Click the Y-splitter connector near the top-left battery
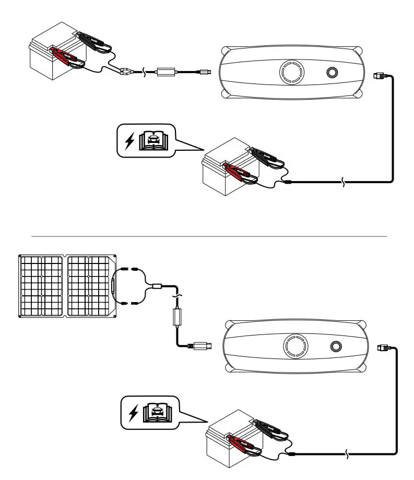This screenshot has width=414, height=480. (125, 71)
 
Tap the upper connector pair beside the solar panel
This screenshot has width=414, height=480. (128, 270)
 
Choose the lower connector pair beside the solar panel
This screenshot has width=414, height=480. (128, 303)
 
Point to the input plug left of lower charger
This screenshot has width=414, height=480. (202, 345)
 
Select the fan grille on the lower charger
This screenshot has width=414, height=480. (296, 345)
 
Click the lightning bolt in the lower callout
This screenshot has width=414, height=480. (135, 413)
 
